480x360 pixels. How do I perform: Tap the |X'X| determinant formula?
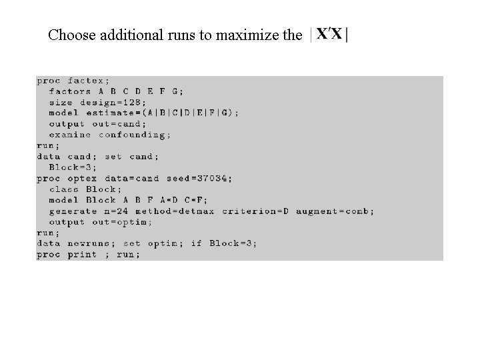point(329,33)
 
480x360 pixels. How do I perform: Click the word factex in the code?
point(89,81)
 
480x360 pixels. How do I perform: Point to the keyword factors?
point(70,91)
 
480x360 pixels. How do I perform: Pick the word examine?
point(70,135)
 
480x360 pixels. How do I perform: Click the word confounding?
point(135,135)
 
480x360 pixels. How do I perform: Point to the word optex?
point(82,178)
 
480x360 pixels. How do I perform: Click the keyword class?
point(64,189)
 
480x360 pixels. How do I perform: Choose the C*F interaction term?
point(196,200)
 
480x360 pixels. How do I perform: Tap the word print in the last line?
point(82,254)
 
